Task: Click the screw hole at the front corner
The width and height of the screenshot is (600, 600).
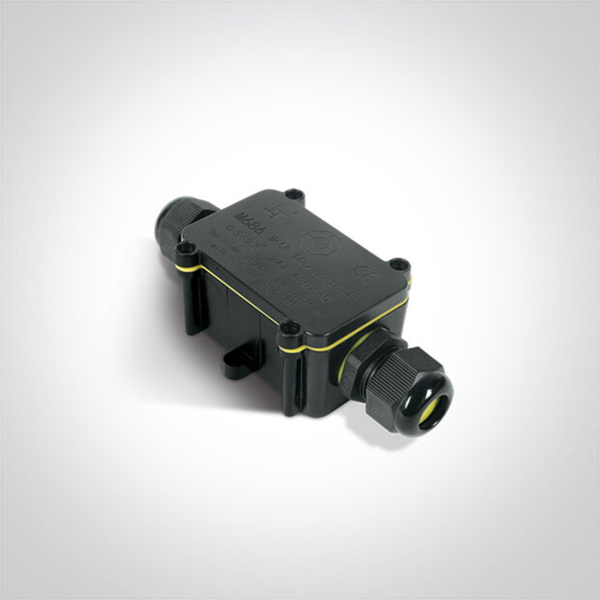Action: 287,329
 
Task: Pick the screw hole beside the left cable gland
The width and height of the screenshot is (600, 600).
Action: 185,249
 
